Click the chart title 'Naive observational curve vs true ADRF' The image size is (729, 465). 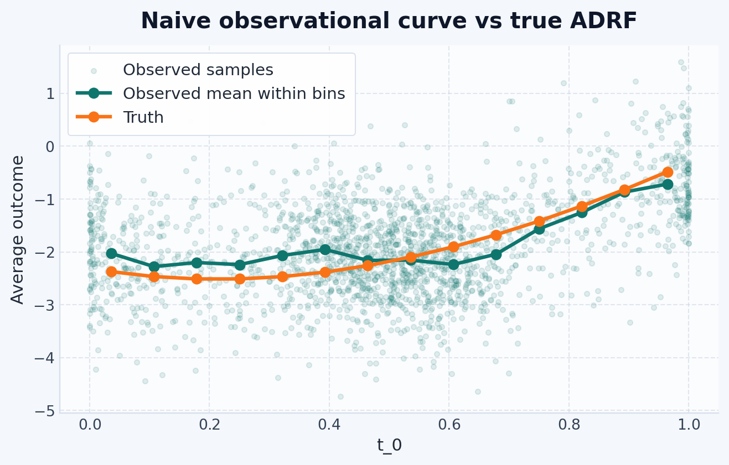(x=389, y=21)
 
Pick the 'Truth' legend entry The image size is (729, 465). (x=143, y=117)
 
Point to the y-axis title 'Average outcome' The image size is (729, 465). (x=17, y=230)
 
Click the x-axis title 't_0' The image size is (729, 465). (x=389, y=445)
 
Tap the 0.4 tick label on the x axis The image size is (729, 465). (x=329, y=425)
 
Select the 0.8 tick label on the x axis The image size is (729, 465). (x=569, y=425)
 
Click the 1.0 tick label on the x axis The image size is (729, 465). (x=689, y=425)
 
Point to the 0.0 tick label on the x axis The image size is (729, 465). (x=90, y=425)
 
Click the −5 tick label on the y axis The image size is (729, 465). (x=45, y=411)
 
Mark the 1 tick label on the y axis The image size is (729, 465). (x=50, y=94)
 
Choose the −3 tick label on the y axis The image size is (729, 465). (x=45, y=305)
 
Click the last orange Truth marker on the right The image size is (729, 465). (x=668, y=172)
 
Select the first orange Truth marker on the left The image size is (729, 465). (x=112, y=271)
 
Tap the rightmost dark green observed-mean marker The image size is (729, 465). (x=668, y=185)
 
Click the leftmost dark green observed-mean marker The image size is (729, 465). (x=112, y=253)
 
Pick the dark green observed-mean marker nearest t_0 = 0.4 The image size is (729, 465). (x=325, y=250)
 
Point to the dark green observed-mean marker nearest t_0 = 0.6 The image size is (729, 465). (x=453, y=265)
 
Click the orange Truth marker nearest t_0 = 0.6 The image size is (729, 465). (x=453, y=247)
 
